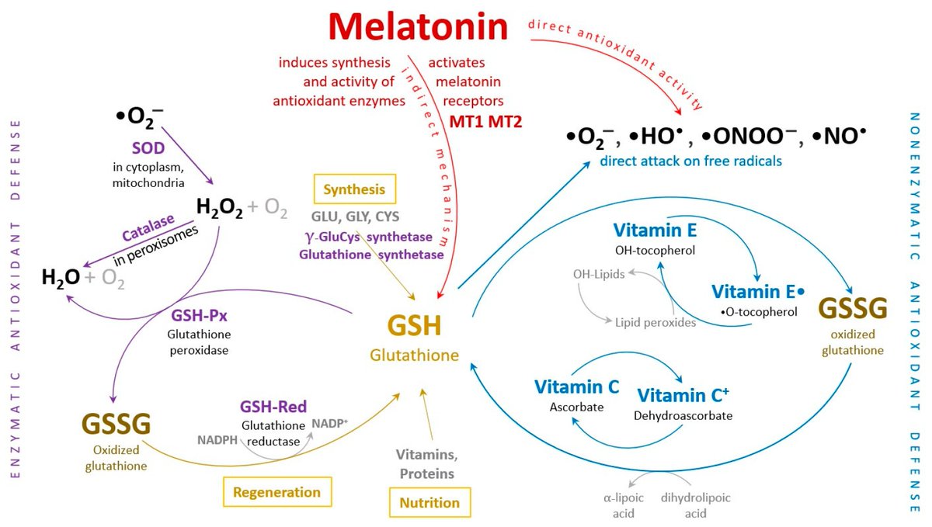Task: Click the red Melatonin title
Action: pos(418,26)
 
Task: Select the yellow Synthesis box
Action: pos(354,189)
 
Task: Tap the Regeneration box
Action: pos(277,492)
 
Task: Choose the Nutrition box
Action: pos(429,502)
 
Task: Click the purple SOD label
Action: pos(148,148)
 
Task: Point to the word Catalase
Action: pos(148,227)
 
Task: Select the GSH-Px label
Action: pos(199,316)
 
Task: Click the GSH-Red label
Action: pos(273,407)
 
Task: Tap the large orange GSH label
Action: pos(414,326)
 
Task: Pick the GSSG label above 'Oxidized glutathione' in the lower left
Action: pos(116,424)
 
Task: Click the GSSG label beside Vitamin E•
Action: pos(853,308)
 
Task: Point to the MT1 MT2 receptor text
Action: pos(485,121)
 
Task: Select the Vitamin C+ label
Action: pos(683,395)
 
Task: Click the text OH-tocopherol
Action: pos(655,250)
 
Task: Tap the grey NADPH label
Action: pos(217,439)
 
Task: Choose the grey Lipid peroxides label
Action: pos(656,322)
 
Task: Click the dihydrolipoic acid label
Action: pos(695,505)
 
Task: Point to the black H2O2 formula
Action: pos(219,207)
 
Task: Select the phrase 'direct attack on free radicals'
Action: pos(690,161)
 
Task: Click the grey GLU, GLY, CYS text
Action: pos(355,217)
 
